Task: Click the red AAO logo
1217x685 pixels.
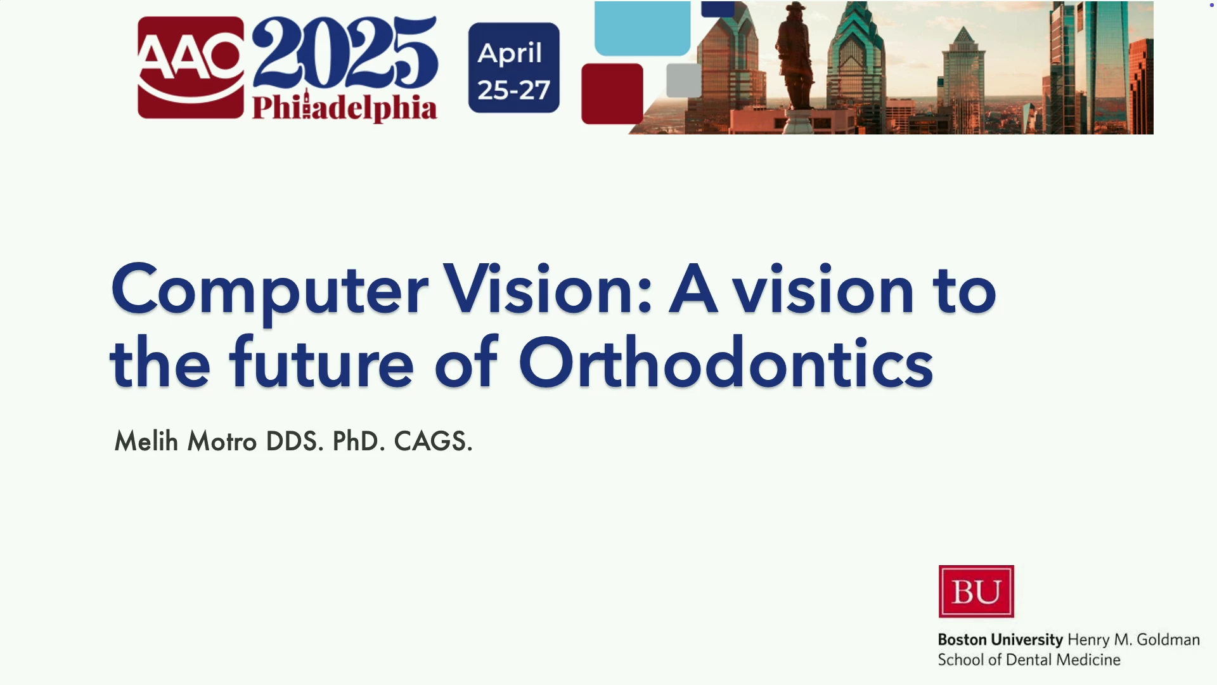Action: coord(191,67)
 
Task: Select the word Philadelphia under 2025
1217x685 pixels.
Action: coord(345,107)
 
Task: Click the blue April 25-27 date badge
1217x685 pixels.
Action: coord(514,68)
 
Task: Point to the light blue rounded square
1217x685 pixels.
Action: coord(642,28)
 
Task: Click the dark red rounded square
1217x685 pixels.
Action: coord(612,94)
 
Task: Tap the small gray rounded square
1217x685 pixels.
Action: coord(684,80)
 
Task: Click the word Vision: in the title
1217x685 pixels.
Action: coord(548,289)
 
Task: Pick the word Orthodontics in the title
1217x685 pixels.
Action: coord(726,362)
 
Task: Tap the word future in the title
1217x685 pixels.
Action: coord(322,362)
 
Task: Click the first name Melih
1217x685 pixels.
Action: coord(146,441)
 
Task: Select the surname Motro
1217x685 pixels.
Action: coord(222,441)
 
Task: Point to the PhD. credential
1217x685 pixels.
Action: coord(359,441)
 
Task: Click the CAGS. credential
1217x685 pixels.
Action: coord(434,441)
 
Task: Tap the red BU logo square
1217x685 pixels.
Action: coord(976,591)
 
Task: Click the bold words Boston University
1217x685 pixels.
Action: coord(1000,639)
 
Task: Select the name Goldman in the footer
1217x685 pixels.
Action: coord(1168,639)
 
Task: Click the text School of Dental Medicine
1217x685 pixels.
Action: coord(1029,660)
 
